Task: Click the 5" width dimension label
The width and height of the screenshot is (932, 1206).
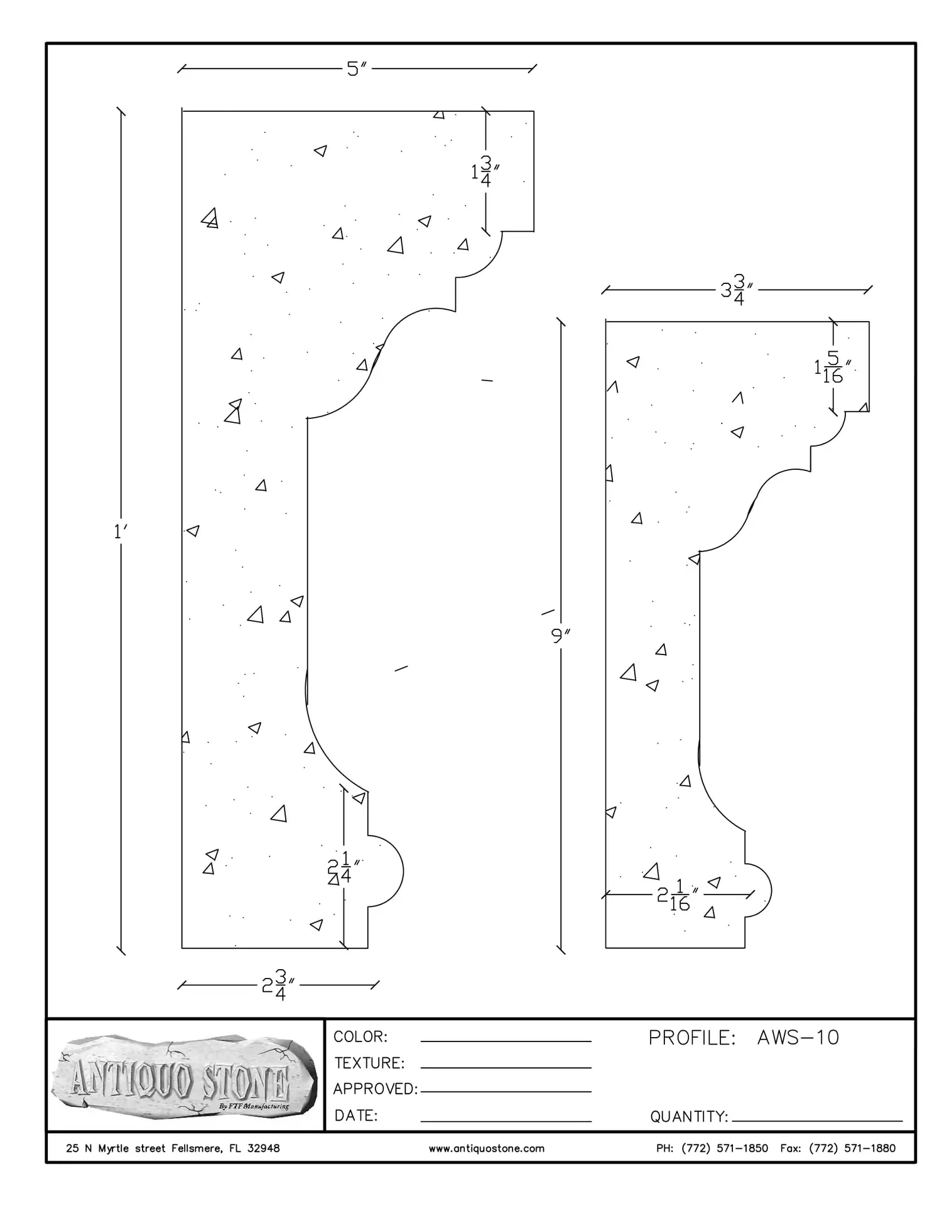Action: [x=357, y=68]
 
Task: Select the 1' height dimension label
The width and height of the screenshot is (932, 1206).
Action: [x=120, y=532]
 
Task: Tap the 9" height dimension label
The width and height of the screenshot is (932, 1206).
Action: [x=560, y=636]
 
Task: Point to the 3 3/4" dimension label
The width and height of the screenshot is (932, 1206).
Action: [x=737, y=290]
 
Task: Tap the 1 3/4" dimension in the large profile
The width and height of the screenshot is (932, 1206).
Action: [x=485, y=171]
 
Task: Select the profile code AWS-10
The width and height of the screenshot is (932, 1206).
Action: [x=798, y=1038]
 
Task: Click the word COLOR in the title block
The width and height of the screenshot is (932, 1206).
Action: [x=360, y=1037]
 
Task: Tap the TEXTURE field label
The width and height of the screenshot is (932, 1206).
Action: [x=369, y=1063]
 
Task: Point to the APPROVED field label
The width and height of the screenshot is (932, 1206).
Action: [x=375, y=1089]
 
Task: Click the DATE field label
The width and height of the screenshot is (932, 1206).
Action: [x=356, y=1116]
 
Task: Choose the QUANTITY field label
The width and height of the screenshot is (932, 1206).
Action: [x=688, y=1117]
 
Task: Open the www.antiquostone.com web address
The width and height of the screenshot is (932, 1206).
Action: [x=486, y=1149]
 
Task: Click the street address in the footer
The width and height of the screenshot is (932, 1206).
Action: [x=173, y=1149]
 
